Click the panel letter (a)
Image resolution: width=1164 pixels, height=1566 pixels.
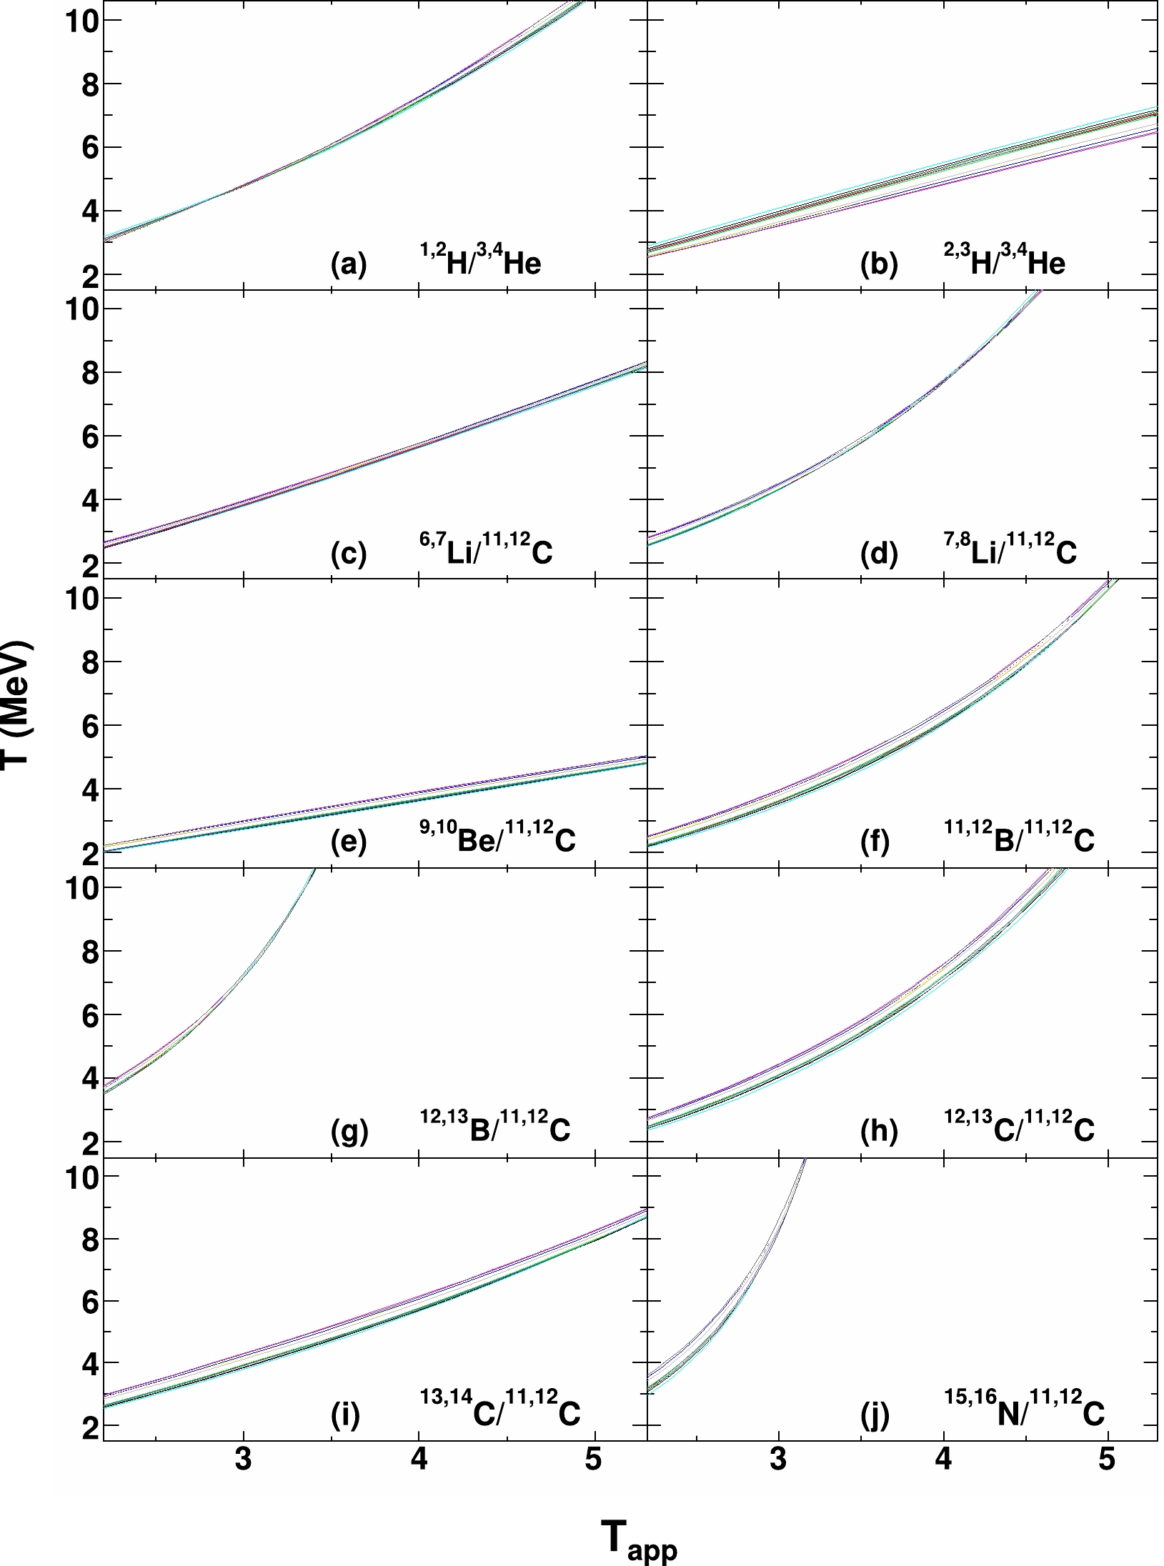pyautogui.click(x=349, y=264)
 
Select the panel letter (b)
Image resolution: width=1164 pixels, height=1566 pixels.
pyautogui.click(x=879, y=264)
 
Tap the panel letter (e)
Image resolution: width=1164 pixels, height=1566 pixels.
pyautogui.click(x=349, y=842)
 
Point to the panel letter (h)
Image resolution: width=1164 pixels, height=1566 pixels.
pyautogui.click(x=879, y=1131)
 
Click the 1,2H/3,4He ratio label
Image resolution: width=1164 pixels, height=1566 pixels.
pyautogui.click(x=480, y=261)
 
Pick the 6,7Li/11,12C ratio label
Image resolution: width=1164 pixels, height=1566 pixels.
pyautogui.click(x=486, y=549)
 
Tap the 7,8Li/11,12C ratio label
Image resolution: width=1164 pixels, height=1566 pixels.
pyautogui.click(x=1010, y=549)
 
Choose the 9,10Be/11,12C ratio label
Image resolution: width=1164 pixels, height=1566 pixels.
pyautogui.click(x=497, y=839)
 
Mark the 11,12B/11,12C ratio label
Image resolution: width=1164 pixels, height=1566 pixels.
pyautogui.click(x=1019, y=839)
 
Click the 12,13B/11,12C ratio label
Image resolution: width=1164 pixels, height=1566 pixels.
pyautogui.click(x=494, y=1127)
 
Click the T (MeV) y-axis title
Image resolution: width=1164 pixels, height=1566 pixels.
pyautogui.click(x=16, y=703)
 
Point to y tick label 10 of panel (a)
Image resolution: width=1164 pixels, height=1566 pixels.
pyautogui.click(x=81, y=20)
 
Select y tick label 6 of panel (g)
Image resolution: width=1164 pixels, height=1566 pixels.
pyautogui.click(x=91, y=1015)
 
